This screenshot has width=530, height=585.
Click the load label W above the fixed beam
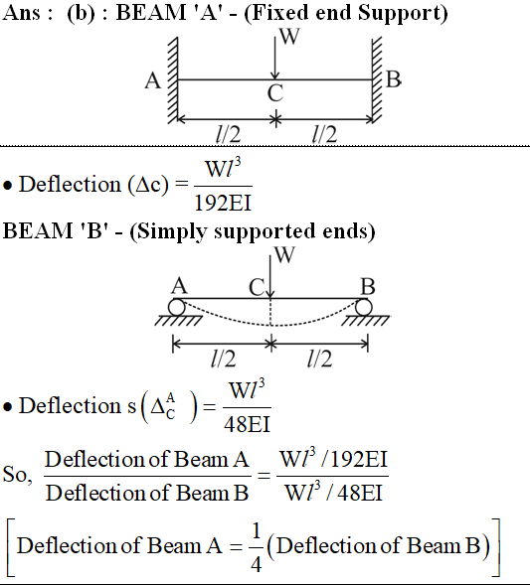(x=289, y=36)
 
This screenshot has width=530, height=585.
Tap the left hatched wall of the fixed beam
(x=173, y=80)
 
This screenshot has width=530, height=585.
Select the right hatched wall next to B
(x=377, y=79)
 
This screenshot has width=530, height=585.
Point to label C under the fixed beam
(x=275, y=93)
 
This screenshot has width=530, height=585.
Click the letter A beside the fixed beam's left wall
(x=153, y=80)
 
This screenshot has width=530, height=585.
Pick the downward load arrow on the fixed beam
(x=275, y=58)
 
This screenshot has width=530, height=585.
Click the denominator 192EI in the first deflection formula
(x=223, y=204)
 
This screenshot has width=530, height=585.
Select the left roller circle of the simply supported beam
(x=176, y=308)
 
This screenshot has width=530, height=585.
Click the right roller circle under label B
(x=363, y=308)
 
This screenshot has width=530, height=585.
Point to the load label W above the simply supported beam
(x=284, y=255)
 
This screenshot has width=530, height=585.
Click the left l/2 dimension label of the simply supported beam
(x=224, y=359)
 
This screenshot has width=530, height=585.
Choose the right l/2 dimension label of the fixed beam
(x=324, y=134)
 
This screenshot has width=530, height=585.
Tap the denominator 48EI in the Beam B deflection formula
(x=247, y=424)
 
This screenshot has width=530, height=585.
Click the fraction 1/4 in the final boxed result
(x=256, y=547)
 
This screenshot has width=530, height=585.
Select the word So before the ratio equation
(x=17, y=475)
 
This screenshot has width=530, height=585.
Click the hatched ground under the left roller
(x=179, y=321)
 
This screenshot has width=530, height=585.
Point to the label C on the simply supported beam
(x=257, y=288)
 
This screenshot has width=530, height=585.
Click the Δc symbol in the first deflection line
(x=148, y=185)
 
